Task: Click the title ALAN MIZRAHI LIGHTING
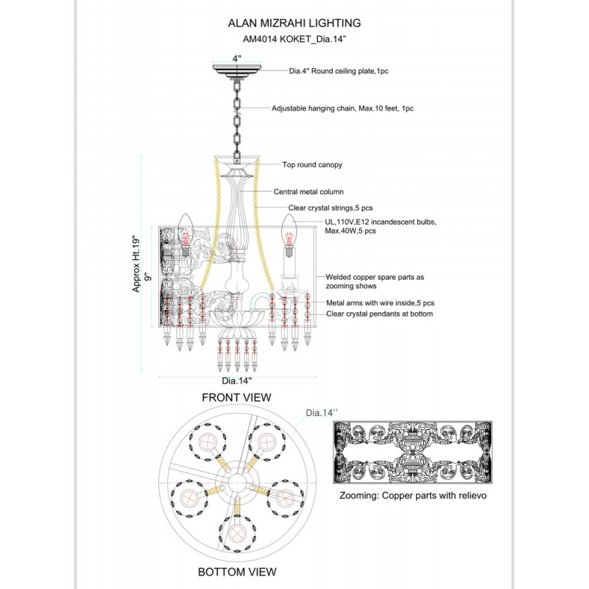[x=294, y=23]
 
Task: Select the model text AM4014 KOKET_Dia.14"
[x=294, y=39]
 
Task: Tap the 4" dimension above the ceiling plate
[x=236, y=59]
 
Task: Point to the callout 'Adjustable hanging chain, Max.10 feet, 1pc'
[x=342, y=108]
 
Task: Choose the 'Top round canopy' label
[x=312, y=165]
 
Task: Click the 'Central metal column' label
[x=308, y=192]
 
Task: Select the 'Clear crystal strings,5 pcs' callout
[x=331, y=208]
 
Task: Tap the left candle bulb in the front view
[x=186, y=235]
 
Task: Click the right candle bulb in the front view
[x=289, y=236]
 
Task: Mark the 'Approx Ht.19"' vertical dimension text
[x=136, y=264]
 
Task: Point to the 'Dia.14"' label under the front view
[x=236, y=381]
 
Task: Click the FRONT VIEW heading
[x=236, y=398]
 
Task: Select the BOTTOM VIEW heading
[x=237, y=572]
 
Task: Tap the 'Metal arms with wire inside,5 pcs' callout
[x=380, y=303]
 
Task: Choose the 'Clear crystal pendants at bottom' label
[x=379, y=314]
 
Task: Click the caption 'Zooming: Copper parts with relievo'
[x=413, y=495]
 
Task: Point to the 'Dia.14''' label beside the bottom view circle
[x=322, y=413]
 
